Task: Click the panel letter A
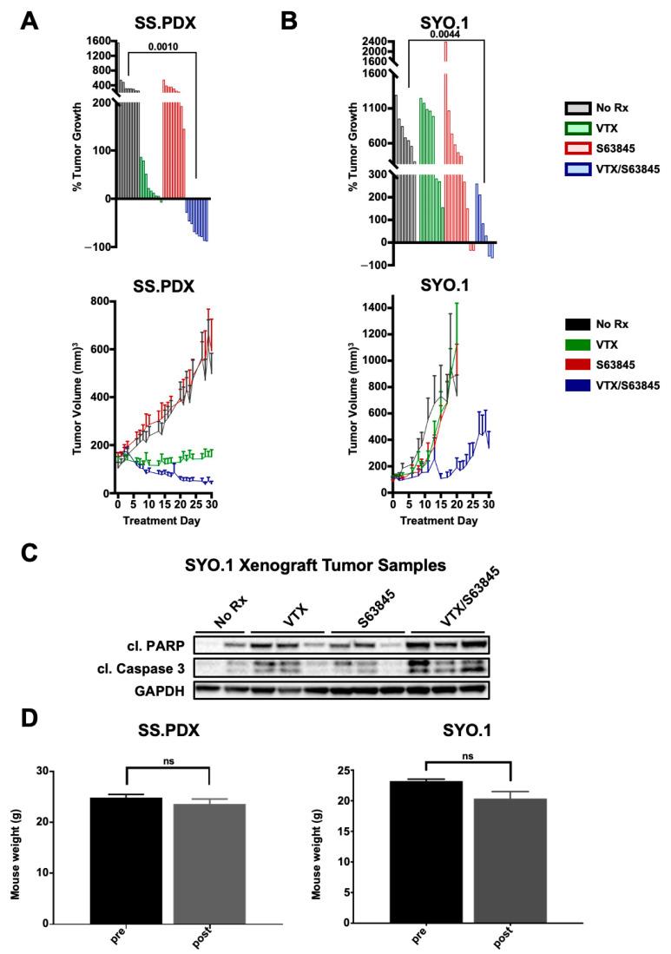[x=30, y=21]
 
